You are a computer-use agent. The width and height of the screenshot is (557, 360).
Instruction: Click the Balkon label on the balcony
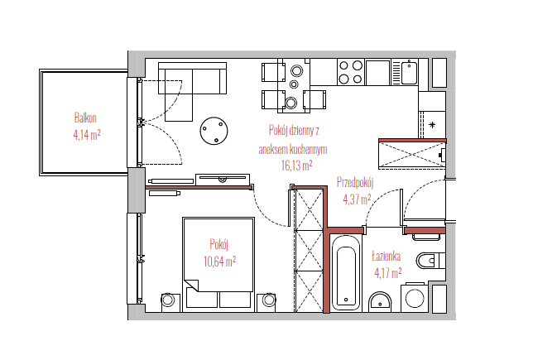point(85,118)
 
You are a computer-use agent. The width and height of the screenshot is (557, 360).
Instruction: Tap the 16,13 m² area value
point(296,166)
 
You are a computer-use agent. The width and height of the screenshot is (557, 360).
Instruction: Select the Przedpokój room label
point(355,183)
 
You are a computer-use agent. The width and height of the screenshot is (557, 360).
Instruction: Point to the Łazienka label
point(387,257)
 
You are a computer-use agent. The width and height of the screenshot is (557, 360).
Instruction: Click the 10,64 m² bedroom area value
point(219,262)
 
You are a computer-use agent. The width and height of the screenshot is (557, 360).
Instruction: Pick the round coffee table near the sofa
point(214,131)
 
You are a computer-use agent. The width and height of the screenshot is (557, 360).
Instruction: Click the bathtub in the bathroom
point(346,272)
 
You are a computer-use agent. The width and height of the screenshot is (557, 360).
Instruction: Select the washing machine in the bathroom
point(415,297)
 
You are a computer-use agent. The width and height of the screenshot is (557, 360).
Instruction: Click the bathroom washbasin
point(380,302)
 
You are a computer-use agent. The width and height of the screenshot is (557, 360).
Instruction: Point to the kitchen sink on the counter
point(409,73)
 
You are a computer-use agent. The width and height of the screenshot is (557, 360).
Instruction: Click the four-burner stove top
point(350,72)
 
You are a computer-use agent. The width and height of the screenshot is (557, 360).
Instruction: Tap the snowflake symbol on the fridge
point(432,125)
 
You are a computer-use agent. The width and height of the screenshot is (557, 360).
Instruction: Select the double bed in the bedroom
point(218,262)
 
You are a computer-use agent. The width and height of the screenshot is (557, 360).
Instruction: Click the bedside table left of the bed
point(168,300)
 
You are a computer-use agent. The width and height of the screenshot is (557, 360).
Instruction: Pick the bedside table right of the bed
point(268,300)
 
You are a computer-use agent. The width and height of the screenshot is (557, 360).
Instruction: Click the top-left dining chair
point(273,72)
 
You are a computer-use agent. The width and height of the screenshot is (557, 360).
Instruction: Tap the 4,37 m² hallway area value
point(357,199)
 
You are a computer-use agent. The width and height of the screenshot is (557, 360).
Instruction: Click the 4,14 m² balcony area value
point(87,135)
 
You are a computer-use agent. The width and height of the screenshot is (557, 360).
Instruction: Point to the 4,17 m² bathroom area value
point(388,273)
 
